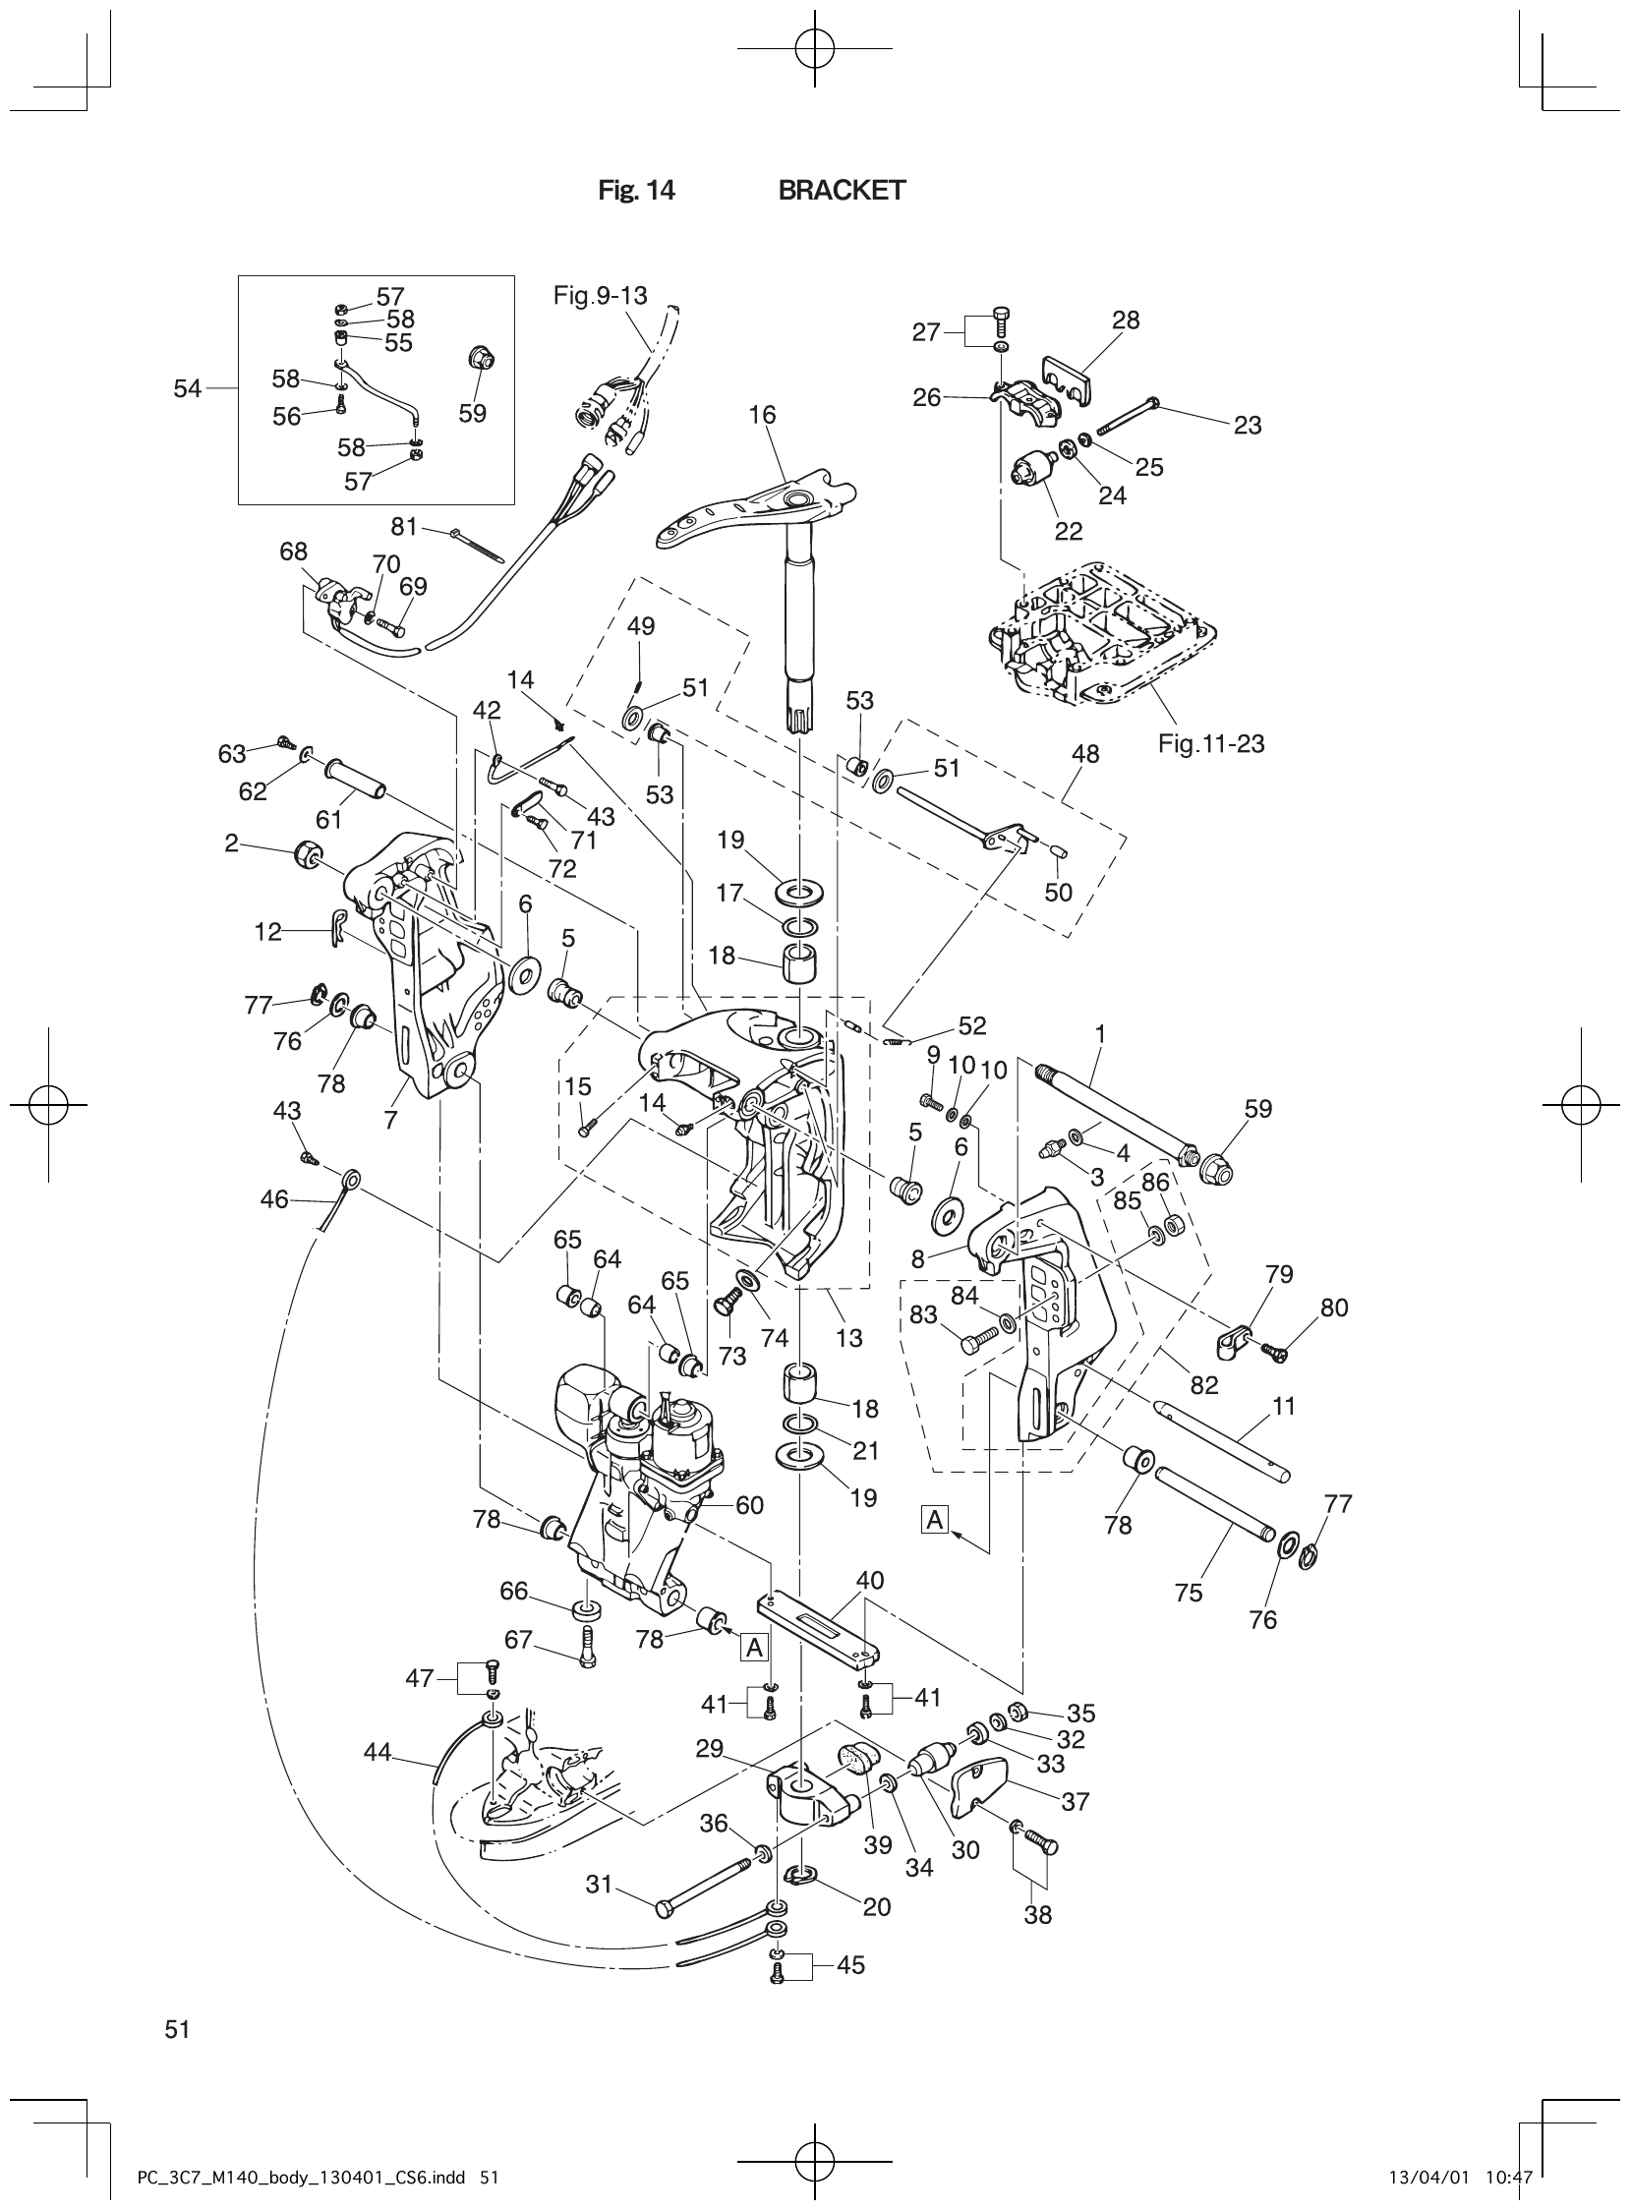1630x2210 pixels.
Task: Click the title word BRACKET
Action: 842,191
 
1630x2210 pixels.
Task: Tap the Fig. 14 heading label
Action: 636,191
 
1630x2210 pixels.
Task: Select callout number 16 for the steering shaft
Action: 762,416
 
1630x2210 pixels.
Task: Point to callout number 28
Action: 1125,320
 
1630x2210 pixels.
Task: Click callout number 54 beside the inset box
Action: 188,388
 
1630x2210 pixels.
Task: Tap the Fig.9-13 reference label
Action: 600,295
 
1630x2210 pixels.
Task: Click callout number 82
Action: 1203,1385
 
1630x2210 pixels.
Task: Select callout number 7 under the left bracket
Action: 389,1120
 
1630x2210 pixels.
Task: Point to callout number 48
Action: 1085,754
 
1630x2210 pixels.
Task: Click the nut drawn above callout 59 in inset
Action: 482,357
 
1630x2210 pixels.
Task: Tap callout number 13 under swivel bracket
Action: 848,1337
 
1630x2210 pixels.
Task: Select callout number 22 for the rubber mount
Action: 1069,531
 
